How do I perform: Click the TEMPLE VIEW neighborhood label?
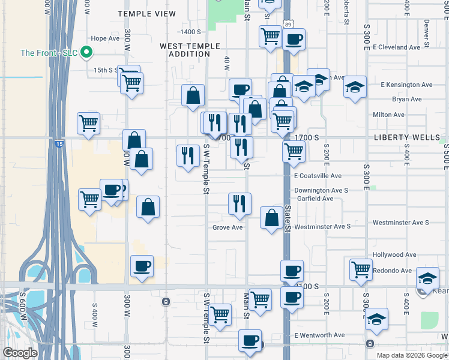146,14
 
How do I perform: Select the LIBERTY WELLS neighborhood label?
415,137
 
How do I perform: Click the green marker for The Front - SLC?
86,53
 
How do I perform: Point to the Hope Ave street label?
106,38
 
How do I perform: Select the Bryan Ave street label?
406,99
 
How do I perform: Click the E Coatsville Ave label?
318,176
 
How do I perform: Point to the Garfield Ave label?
315,199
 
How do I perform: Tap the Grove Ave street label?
228,227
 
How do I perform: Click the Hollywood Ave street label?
394,254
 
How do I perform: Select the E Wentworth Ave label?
319,335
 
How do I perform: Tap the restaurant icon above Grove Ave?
240,203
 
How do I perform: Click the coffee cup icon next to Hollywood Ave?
292,270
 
